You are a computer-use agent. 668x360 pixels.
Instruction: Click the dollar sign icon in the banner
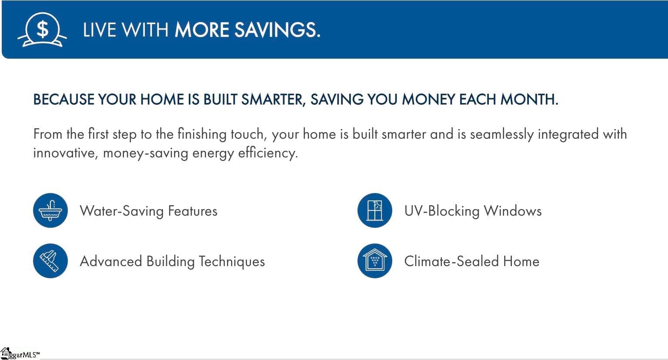pos(42,30)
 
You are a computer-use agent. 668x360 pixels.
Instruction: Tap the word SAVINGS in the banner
pos(277,30)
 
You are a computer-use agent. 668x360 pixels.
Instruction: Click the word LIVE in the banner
pos(99,30)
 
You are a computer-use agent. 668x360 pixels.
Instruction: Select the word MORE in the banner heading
pos(202,30)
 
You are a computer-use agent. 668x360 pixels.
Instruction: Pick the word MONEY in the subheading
pos(428,99)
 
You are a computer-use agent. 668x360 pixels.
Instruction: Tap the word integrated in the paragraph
pos(568,134)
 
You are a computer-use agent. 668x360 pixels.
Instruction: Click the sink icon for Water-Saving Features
pos(50,210)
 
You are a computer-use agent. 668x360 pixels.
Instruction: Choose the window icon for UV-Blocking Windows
pos(374,210)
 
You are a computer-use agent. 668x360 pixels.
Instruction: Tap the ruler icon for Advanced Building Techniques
pos(50,261)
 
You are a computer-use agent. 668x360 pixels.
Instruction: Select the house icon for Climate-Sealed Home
pos(374,261)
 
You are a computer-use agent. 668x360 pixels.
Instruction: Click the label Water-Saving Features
pos(148,211)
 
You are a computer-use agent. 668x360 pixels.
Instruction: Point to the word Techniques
pos(232,261)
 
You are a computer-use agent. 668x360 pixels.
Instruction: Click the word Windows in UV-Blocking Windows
pos(512,211)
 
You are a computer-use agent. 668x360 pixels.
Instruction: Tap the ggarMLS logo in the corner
pos(20,354)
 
